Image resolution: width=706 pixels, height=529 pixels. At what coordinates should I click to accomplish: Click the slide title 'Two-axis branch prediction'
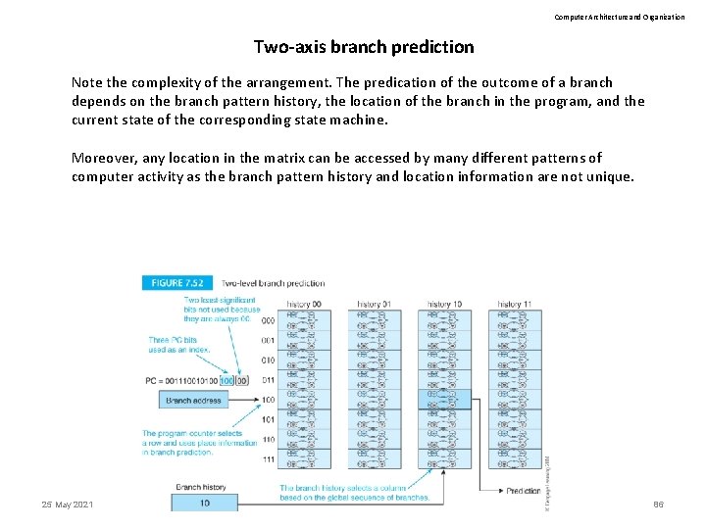pyautogui.click(x=364, y=47)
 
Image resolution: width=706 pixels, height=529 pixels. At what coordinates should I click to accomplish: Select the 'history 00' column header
pyautogui.click(x=303, y=305)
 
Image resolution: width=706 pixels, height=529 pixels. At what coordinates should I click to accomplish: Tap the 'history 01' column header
pyautogui.click(x=374, y=305)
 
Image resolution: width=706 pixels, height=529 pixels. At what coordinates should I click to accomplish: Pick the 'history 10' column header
pyautogui.click(x=443, y=305)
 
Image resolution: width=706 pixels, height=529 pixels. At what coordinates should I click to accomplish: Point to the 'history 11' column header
pyautogui.click(x=514, y=305)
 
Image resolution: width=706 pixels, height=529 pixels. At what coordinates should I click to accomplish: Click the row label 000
pyautogui.click(x=268, y=320)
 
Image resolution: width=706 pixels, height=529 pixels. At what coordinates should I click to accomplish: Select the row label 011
pyautogui.click(x=268, y=380)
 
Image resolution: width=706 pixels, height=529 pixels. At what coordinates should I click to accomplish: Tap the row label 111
pyautogui.click(x=268, y=459)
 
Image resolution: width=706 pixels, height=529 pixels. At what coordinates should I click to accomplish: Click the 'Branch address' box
pyautogui.click(x=193, y=401)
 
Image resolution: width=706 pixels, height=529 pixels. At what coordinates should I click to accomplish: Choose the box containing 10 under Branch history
pyautogui.click(x=204, y=503)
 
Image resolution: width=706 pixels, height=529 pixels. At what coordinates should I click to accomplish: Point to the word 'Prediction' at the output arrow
pyautogui.click(x=523, y=491)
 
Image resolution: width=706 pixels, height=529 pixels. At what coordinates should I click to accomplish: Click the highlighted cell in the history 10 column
pyautogui.click(x=444, y=400)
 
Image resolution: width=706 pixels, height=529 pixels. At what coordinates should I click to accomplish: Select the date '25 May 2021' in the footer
pyautogui.click(x=68, y=504)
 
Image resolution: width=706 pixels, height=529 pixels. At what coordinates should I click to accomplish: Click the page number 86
pyautogui.click(x=658, y=504)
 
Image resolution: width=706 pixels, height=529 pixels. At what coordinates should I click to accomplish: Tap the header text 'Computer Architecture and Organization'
pyautogui.click(x=620, y=17)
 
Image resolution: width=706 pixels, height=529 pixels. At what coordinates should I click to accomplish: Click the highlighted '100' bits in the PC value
pyautogui.click(x=227, y=380)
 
